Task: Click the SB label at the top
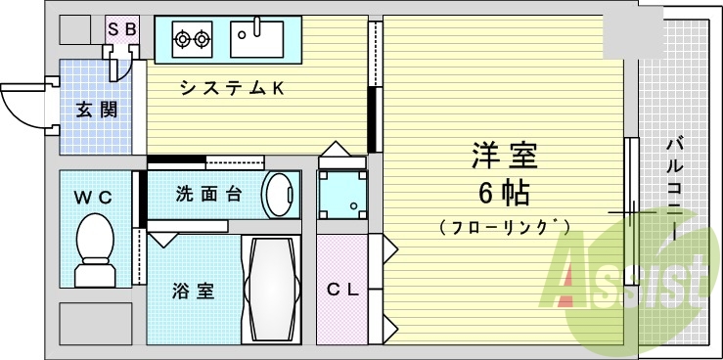[x=122, y=29]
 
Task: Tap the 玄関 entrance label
[x=97, y=110]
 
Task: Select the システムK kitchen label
[x=231, y=88]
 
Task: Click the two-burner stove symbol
[x=192, y=40]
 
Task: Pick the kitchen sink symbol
[x=256, y=39]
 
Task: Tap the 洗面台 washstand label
[x=207, y=193]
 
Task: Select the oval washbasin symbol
[x=282, y=194]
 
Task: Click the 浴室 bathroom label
[x=192, y=292]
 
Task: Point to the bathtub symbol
[x=274, y=288]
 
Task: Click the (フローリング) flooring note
[x=505, y=228]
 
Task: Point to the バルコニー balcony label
[x=674, y=186]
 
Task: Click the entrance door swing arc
[x=22, y=103]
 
